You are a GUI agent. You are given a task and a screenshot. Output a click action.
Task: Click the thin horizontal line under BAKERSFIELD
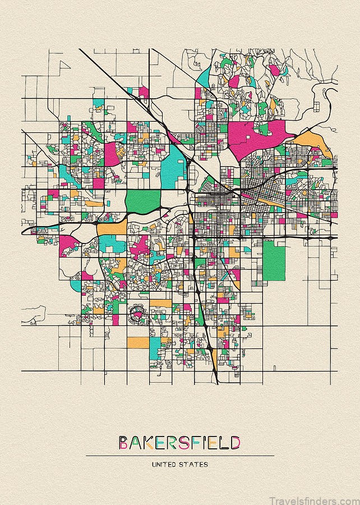(179, 456)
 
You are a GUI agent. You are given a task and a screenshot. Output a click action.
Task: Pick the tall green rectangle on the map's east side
(274, 261)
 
